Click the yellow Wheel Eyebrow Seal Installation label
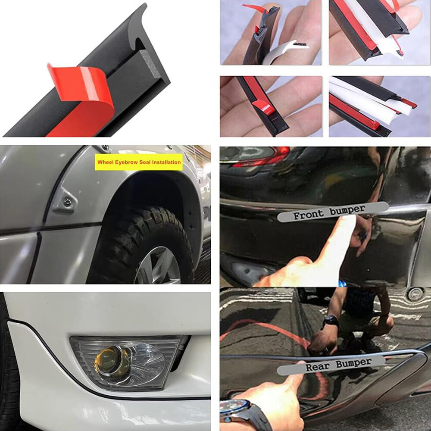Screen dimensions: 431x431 (x=138, y=162)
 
